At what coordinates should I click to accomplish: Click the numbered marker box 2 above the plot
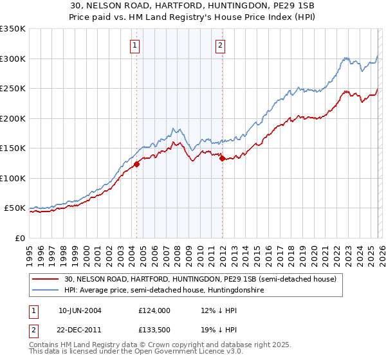tap(221, 45)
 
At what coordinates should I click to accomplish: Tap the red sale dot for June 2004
tap(136, 164)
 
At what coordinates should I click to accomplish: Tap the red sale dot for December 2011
tap(222, 158)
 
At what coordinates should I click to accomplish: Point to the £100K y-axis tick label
tap(13, 178)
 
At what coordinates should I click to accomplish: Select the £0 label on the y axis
tap(19, 238)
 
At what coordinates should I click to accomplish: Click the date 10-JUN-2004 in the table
tap(80, 310)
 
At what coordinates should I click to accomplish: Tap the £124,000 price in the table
tap(154, 310)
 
